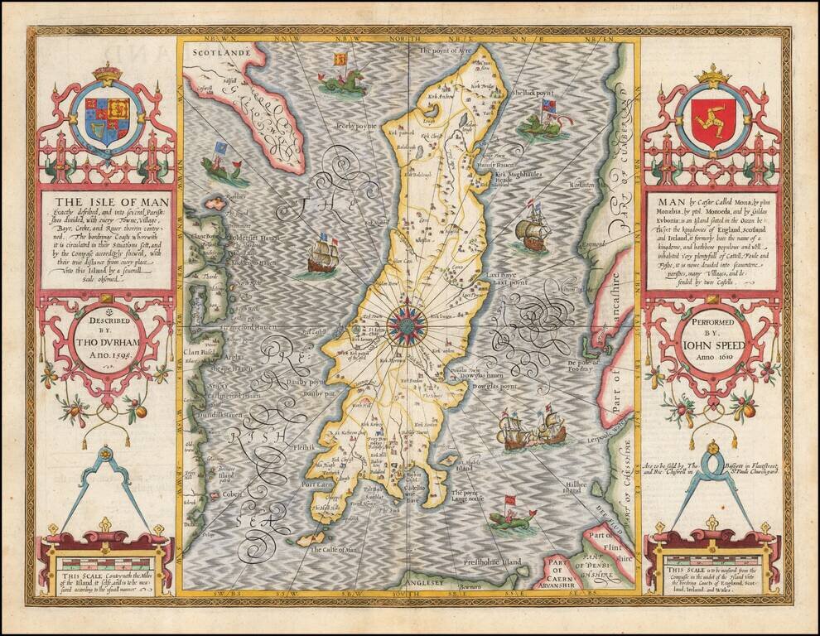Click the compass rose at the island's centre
408,325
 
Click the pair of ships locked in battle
531,429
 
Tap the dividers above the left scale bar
107,489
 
